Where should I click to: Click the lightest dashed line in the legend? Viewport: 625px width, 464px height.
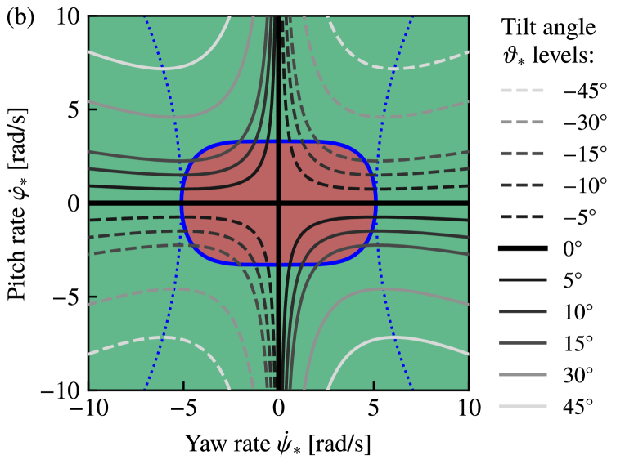(522, 91)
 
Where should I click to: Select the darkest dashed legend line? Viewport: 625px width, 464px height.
(522, 217)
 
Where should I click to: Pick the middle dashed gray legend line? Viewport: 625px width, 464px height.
(522, 154)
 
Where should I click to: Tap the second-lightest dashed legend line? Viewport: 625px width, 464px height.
(522, 123)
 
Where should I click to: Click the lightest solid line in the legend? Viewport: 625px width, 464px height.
(523, 406)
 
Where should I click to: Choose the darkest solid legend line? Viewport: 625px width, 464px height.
(523, 280)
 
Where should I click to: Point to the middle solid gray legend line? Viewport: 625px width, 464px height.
(523, 343)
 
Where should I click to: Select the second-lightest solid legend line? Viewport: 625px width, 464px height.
(523, 375)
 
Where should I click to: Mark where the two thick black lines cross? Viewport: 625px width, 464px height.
(279, 203)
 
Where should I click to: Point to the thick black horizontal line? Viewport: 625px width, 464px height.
(131, 203)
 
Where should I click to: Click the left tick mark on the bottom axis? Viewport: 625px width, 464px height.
(183, 385)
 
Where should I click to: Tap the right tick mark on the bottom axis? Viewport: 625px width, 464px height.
(374, 385)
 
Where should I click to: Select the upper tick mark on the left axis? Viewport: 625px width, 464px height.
(93, 109)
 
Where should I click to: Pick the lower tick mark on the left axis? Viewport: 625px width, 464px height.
(93, 297)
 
